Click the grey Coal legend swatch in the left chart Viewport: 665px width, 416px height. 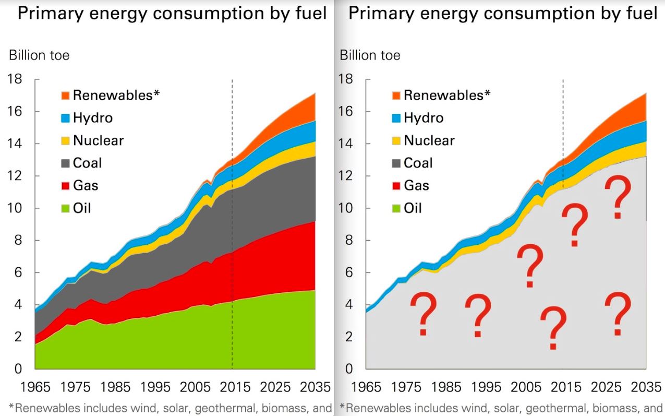[x=65, y=163]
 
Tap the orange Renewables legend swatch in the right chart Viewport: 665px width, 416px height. [x=396, y=96]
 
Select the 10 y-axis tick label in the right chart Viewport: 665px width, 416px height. [x=346, y=208]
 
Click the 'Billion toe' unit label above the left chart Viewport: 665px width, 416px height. [x=39, y=55]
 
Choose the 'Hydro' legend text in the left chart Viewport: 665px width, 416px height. [x=92, y=118]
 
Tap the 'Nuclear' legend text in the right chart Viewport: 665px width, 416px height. [x=429, y=140]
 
